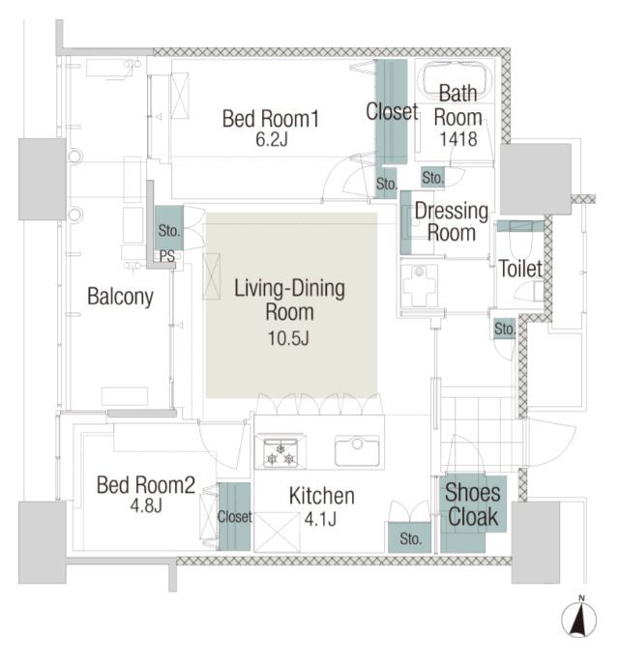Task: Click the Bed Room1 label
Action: [x=271, y=119]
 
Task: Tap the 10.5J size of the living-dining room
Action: [x=289, y=338]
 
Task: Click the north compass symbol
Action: [x=579, y=619]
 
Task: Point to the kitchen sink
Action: [x=357, y=450]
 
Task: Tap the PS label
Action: [x=167, y=256]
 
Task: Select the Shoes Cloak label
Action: [x=473, y=504]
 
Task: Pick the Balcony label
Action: [x=120, y=297]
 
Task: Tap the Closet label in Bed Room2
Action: [x=234, y=517]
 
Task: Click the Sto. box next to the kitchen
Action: [x=409, y=537]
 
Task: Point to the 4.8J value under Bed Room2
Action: [x=146, y=505]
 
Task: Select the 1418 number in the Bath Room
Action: [x=458, y=139]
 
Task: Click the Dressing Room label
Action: [x=452, y=221]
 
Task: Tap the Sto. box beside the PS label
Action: [x=168, y=228]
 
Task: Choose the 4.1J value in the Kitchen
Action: [x=320, y=519]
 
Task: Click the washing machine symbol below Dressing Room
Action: [x=419, y=285]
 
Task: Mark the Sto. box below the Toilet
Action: [x=505, y=329]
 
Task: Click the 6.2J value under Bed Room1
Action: [x=271, y=139]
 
